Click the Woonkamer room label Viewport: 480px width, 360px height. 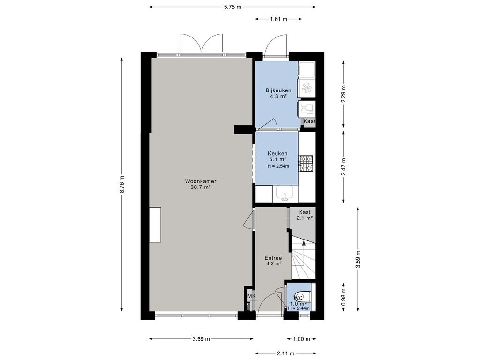(x=201, y=181)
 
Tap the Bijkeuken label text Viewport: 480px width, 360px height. (x=278, y=90)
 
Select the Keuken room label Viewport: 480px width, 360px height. (x=277, y=153)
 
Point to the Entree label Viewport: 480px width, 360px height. (x=273, y=258)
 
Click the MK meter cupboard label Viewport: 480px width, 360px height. (x=251, y=296)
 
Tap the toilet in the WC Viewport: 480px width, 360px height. (x=303, y=297)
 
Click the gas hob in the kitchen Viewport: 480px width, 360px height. (x=306, y=163)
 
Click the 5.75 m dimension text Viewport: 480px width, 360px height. (x=232, y=7)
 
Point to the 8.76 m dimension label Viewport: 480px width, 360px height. (x=122, y=184)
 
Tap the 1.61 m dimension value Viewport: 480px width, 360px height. (x=278, y=19)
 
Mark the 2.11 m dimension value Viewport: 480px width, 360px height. (x=286, y=353)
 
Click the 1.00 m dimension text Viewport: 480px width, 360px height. (x=302, y=339)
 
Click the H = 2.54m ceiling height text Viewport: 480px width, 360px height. (x=278, y=166)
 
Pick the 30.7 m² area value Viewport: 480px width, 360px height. (x=201, y=187)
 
